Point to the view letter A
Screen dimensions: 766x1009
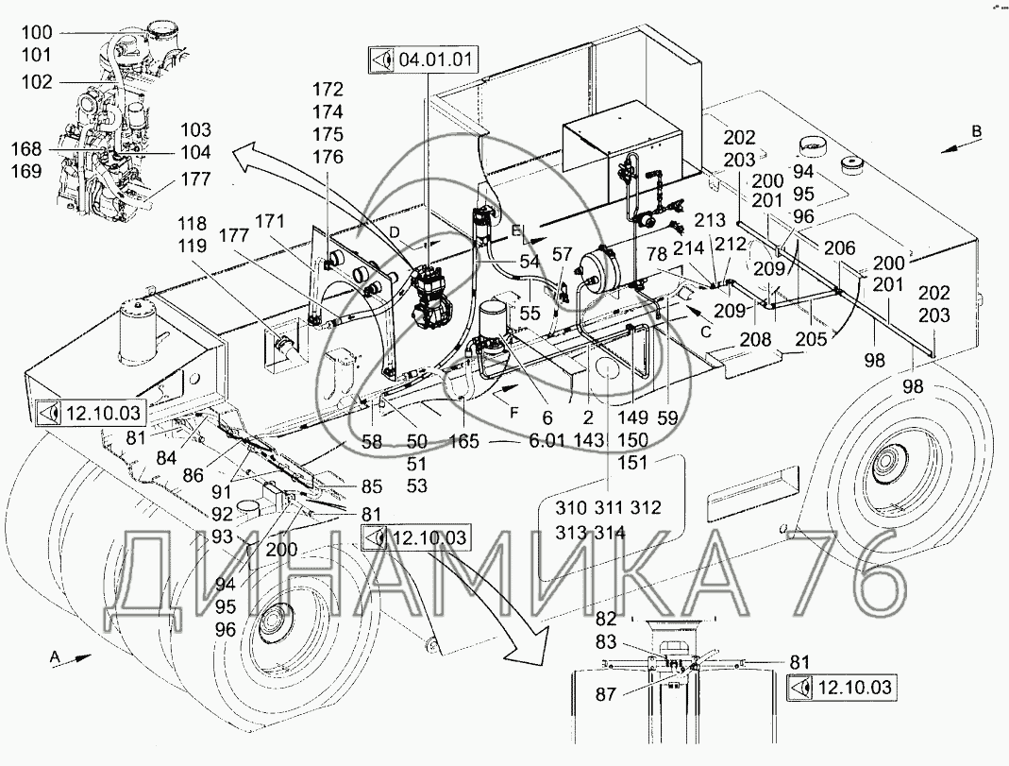coord(54,654)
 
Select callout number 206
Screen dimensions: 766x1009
coord(840,248)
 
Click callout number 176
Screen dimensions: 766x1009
coord(328,157)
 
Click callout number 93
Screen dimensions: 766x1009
coord(221,536)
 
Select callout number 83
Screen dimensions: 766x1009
coord(606,640)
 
